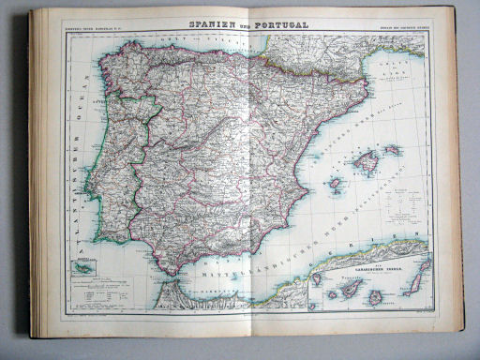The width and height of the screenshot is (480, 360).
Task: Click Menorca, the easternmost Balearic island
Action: [x=392, y=149]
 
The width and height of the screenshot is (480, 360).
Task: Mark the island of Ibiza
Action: [x=335, y=184]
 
